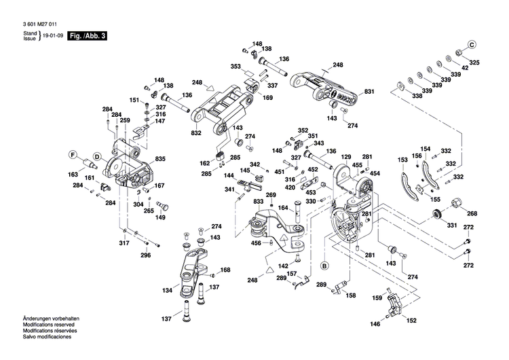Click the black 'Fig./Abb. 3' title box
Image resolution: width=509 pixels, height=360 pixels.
(x=90, y=36)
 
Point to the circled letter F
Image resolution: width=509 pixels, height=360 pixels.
(x=73, y=154)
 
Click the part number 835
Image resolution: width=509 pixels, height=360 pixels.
(x=160, y=159)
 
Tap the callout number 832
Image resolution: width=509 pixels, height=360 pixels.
(x=195, y=134)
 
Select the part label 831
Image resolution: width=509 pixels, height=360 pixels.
(x=369, y=91)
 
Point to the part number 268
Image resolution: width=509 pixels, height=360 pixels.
(x=472, y=213)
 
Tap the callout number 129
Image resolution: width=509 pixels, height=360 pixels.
(x=346, y=157)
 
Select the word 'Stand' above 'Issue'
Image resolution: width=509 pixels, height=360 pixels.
(x=29, y=33)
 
